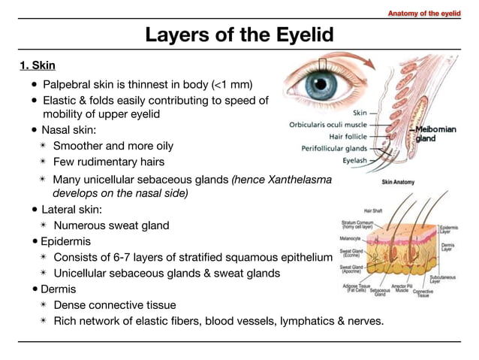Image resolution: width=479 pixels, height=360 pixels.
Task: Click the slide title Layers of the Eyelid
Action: tap(239, 35)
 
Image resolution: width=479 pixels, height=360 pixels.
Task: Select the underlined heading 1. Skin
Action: tap(38, 65)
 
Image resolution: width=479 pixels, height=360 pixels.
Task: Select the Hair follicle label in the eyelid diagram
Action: tap(347, 137)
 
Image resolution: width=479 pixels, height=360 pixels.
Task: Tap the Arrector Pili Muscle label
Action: tap(402, 289)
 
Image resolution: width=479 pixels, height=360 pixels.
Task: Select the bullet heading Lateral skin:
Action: tap(71, 209)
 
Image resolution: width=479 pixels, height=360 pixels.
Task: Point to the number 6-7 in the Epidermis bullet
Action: tap(136, 258)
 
